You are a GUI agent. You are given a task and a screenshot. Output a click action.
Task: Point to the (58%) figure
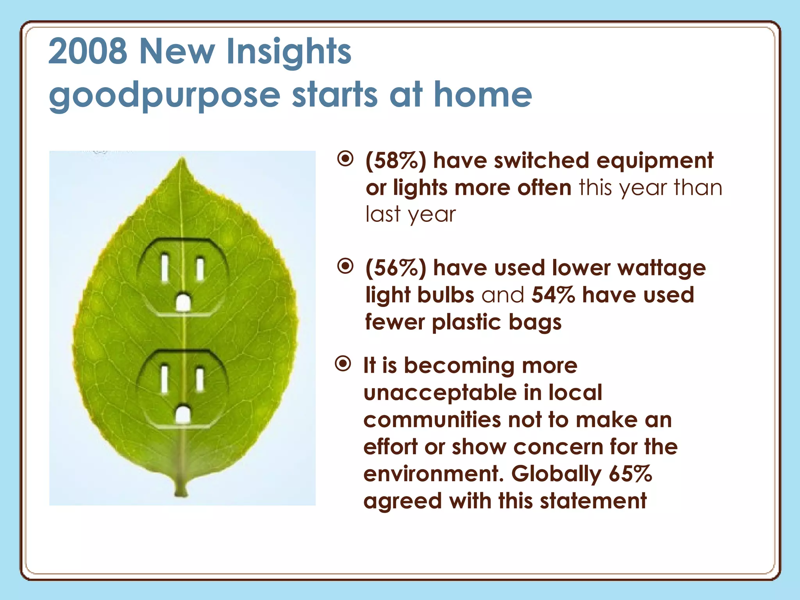click(x=396, y=161)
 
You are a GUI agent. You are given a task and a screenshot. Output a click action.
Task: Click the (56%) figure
click(x=396, y=268)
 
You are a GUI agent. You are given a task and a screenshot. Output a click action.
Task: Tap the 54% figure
click(x=553, y=295)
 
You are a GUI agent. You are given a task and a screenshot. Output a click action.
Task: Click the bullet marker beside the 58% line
click(x=345, y=159)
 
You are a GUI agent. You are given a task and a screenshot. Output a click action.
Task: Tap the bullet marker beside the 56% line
click(x=345, y=266)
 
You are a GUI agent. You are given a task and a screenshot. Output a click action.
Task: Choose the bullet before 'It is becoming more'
click(x=343, y=364)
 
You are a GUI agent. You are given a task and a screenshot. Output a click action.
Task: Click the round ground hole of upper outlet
click(x=182, y=303)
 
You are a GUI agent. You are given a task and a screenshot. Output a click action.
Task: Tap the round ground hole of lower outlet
click(x=182, y=415)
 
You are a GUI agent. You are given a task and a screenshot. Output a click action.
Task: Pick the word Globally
click(x=556, y=474)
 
